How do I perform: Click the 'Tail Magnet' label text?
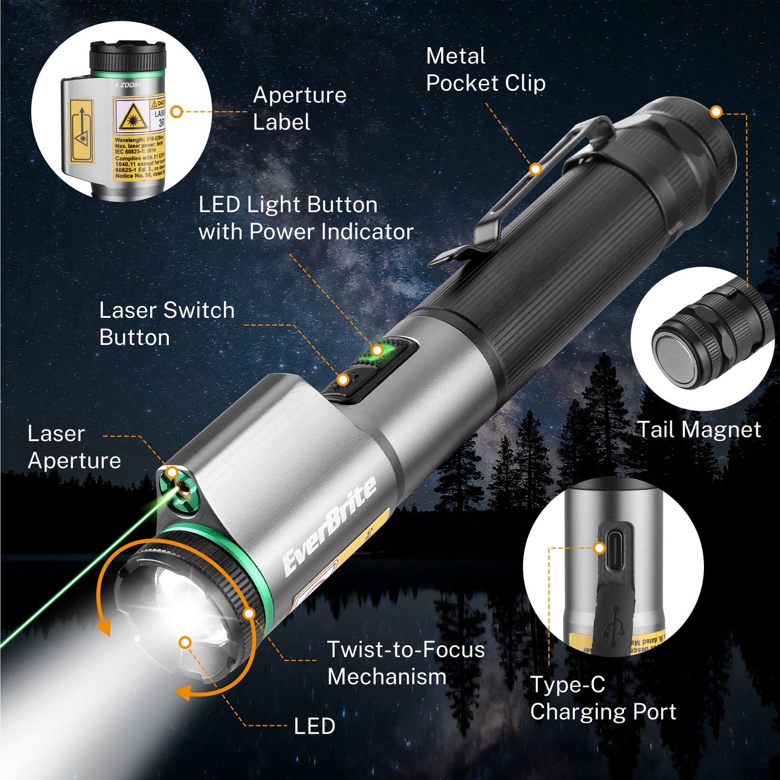point(699,430)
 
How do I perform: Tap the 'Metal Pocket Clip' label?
point(486,70)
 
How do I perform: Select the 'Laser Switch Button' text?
point(167,324)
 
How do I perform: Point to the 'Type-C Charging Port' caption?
point(603,698)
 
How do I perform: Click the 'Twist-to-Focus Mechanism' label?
point(406,663)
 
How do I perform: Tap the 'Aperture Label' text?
point(299,108)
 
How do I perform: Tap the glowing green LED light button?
point(385,352)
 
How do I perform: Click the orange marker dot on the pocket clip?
point(536,169)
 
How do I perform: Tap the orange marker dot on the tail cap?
point(716,112)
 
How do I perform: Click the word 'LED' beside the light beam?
point(314,726)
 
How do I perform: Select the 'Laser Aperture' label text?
point(74,447)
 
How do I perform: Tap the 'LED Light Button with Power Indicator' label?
point(306,218)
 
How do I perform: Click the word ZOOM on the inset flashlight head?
point(130,85)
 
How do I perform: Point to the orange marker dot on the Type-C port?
point(599,548)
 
